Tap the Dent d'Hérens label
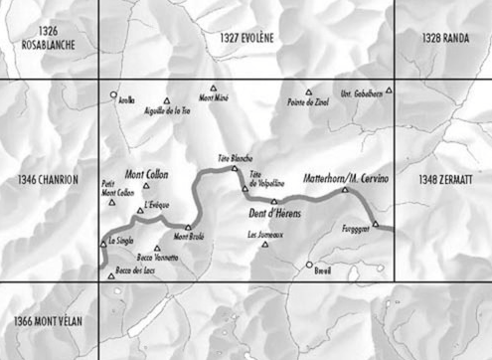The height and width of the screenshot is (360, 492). [x=273, y=214]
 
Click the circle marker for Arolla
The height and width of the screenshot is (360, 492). [x=114, y=95]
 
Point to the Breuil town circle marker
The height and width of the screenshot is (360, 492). [x=309, y=265]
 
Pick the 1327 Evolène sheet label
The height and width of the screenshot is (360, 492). [x=246, y=37]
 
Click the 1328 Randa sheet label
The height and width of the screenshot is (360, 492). [x=443, y=37]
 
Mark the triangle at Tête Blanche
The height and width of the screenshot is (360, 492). [x=236, y=168]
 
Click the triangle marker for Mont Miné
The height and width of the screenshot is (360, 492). [x=213, y=89]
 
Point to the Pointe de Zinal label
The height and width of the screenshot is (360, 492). [x=305, y=101]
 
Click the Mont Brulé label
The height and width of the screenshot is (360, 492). [x=190, y=237]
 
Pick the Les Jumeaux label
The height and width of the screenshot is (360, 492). [x=264, y=235]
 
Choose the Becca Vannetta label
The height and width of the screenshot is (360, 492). [x=158, y=258]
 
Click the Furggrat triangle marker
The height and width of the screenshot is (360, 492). [x=376, y=224]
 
